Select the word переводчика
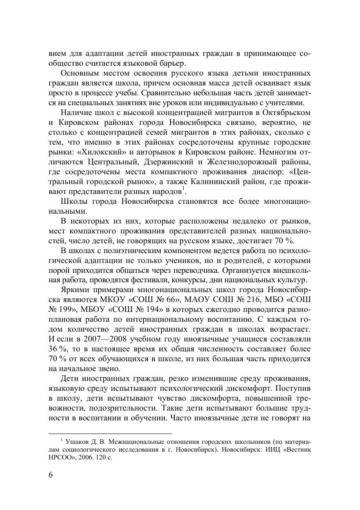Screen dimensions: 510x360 point(222,271)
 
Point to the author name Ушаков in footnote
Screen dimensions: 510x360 point(76,442)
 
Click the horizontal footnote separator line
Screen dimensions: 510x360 point(110,433)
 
